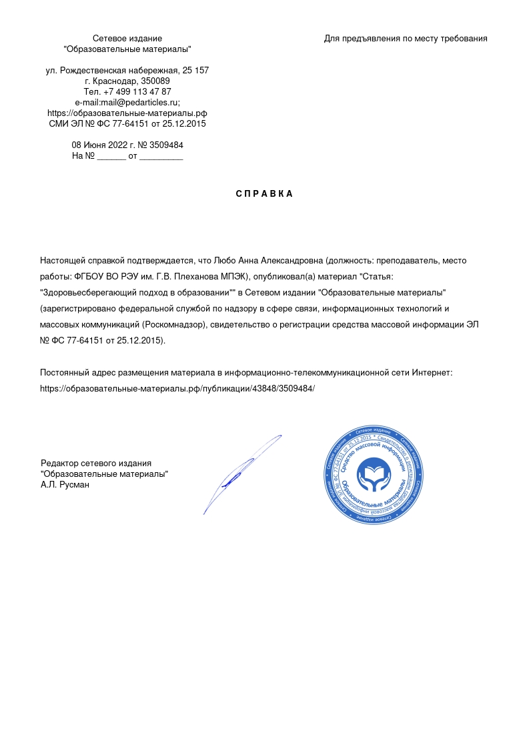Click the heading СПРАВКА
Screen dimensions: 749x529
[264, 194]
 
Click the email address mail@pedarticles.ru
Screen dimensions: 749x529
[139, 102]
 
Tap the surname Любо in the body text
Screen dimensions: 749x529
[222, 260]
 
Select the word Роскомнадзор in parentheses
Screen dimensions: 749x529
[175, 325]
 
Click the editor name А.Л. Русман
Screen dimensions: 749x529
[65, 485]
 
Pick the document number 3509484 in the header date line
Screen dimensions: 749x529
[166, 145]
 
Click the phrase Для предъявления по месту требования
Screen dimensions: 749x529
[406, 39]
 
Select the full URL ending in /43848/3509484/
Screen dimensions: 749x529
[177, 388]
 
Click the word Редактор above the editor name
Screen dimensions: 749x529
[59, 464]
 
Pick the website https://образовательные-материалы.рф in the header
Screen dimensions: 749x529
[127, 113]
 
